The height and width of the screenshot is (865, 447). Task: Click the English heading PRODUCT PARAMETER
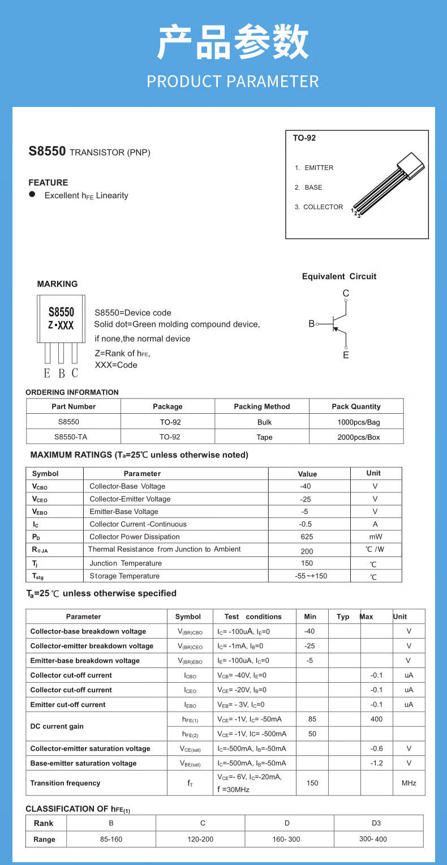tap(233, 82)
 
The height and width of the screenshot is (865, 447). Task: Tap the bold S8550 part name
tap(48, 152)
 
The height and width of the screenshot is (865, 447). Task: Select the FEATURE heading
tap(48, 182)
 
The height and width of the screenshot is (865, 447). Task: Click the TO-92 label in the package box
tap(304, 138)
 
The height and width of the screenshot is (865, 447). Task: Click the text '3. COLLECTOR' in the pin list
tap(319, 207)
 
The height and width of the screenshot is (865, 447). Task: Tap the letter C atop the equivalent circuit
tap(346, 293)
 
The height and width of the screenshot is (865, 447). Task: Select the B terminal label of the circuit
tap(311, 324)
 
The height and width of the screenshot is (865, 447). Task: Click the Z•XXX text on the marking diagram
tap(61, 326)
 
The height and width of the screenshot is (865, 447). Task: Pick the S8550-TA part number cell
tap(74, 437)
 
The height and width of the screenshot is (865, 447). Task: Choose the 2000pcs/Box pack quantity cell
tap(356, 437)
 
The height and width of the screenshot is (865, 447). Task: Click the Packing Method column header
tap(261, 406)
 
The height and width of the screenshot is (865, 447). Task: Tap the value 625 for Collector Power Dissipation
tap(307, 537)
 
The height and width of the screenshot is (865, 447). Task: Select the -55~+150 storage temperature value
tap(307, 576)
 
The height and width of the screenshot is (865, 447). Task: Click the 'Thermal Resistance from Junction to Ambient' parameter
tap(164, 549)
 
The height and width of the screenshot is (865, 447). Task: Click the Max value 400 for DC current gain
tap(376, 719)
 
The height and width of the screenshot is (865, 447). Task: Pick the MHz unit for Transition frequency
tap(409, 783)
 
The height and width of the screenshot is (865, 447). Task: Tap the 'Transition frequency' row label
tap(65, 783)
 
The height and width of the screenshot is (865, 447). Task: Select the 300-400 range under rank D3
tap(373, 839)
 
